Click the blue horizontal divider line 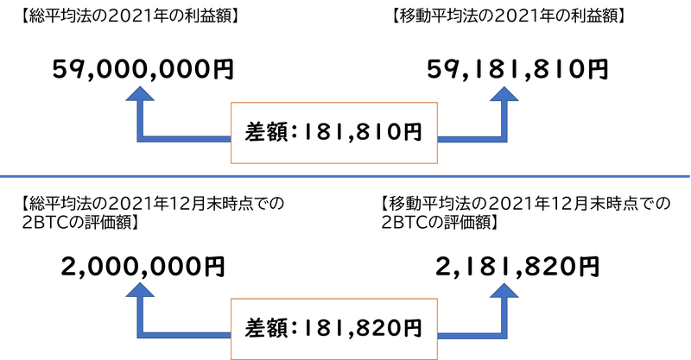coord(345,176)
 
